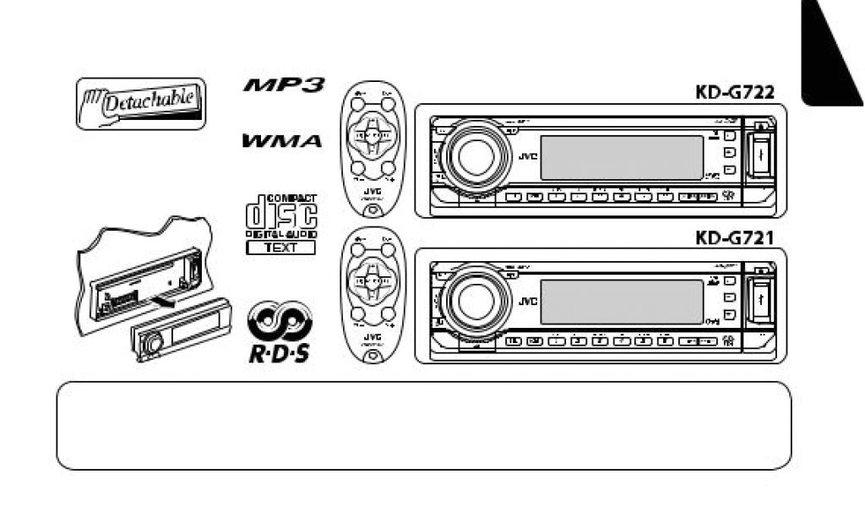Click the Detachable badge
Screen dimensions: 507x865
coord(141,103)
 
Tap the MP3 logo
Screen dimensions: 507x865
coord(283,86)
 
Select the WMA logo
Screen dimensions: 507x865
coord(283,141)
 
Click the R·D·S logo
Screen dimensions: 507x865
coord(279,332)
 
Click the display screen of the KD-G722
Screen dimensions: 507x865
coord(621,157)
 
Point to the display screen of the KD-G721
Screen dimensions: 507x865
coord(621,302)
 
